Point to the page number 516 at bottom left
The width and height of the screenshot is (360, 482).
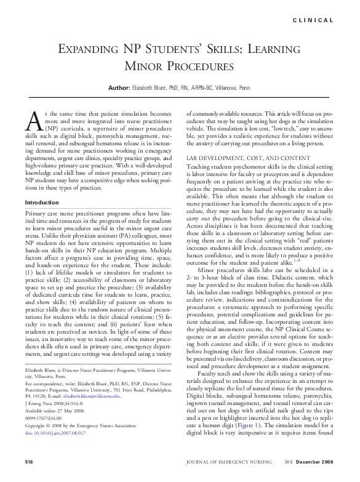point(29,461)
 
